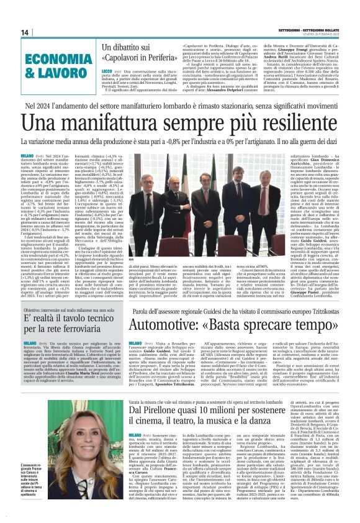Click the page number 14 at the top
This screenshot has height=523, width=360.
click(x=25, y=32)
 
